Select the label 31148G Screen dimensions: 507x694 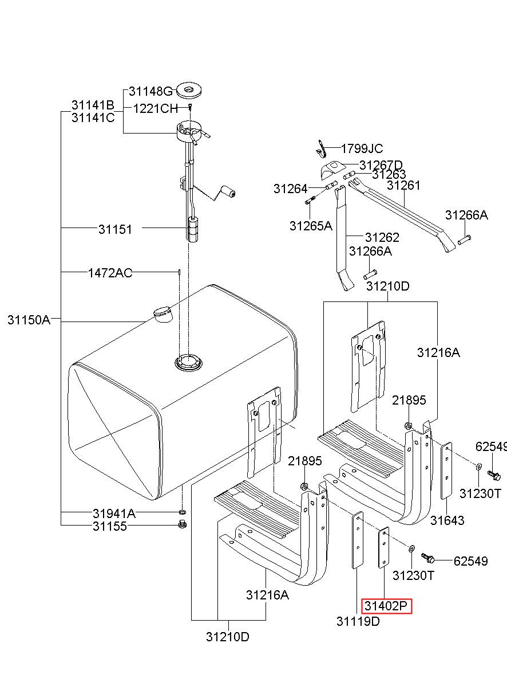pyautogui.click(x=150, y=91)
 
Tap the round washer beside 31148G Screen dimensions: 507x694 pyautogui.click(x=189, y=91)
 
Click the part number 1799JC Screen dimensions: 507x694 pyautogui.click(x=362, y=148)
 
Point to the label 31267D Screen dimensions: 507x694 pyautogui.click(x=381, y=164)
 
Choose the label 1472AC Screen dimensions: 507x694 pyautogui.click(x=110, y=273)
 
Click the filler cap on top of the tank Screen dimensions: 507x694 pyautogui.click(x=163, y=315)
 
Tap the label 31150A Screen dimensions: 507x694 pyautogui.click(x=29, y=320)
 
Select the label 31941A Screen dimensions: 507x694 pyautogui.click(x=114, y=513)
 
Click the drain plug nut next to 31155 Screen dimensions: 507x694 pyautogui.click(x=183, y=525)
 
